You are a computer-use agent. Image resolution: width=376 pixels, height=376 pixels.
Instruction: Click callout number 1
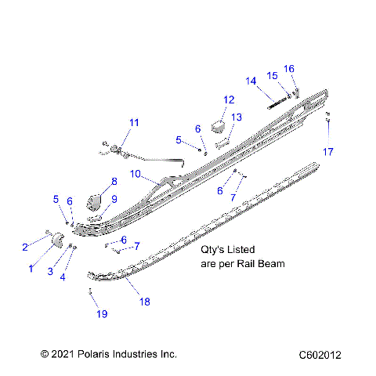pos(31,268)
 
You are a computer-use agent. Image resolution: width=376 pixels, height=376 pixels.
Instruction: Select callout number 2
pos(24,248)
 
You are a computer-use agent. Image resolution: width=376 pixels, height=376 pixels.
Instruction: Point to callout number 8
pos(114,181)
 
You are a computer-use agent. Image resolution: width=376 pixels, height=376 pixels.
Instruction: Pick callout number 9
pos(114,199)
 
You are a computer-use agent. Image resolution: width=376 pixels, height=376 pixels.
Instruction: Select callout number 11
pos(134,122)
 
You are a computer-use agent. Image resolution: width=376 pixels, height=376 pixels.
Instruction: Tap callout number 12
pos(229,99)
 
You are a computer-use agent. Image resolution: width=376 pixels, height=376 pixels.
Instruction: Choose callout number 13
pos(237,117)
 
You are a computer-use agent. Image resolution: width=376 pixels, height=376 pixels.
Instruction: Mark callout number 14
pos(251,81)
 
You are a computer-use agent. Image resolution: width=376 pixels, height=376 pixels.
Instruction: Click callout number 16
pos(289,69)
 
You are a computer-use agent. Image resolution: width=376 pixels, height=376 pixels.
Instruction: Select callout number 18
pos(143,301)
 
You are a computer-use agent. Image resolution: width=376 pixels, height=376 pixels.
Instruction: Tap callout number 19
pos(101,313)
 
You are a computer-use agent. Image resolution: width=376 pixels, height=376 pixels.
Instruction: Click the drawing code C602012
pos(319,354)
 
